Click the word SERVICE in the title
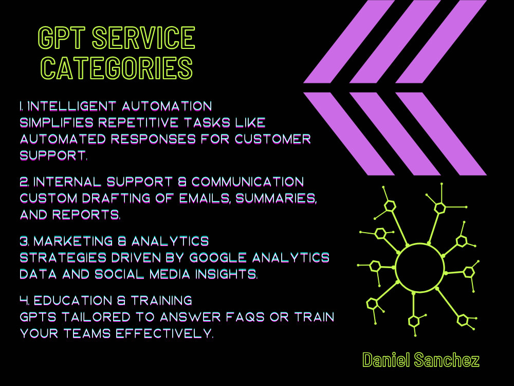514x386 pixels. [143, 38]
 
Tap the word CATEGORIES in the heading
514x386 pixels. [117, 68]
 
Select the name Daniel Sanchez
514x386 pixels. [421, 360]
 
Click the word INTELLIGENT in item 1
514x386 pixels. [72, 106]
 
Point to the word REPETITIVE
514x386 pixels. [139, 122]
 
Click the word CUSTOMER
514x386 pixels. [273, 139]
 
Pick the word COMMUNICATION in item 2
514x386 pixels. [248, 182]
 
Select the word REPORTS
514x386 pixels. [86, 215]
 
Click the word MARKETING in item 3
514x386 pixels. [74, 241]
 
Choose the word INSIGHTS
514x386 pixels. [226, 274]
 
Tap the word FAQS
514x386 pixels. [246, 317]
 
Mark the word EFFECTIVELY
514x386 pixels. [164, 333]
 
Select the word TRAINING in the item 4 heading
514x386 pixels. [161, 301]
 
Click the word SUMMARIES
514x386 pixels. [276, 198]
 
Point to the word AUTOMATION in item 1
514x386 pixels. [167, 106]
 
